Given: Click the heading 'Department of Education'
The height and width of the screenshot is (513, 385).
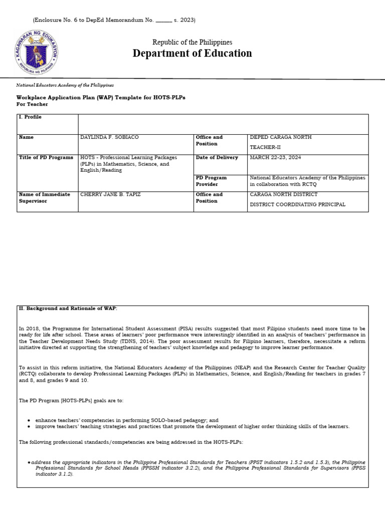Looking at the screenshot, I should click(192, 54).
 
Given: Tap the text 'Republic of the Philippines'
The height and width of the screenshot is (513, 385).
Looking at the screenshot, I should click(192, 43).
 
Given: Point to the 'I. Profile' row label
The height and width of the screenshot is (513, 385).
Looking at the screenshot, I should click(30, 117).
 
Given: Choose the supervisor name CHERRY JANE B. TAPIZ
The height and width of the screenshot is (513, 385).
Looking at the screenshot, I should click(111, 194).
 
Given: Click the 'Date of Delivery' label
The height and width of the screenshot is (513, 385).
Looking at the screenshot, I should click(217, 157).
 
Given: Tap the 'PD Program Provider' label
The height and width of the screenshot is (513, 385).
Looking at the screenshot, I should click(211, 181).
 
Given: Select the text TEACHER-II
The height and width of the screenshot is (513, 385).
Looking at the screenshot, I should click(264, 147).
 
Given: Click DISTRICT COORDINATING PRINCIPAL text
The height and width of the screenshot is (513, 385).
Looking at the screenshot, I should click(297, 204).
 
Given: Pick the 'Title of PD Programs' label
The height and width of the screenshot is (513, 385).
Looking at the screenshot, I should click(46, 157).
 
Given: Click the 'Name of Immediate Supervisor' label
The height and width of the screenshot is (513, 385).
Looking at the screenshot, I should click(44, 197).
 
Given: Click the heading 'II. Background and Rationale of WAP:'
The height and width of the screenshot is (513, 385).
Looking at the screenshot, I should click(68, 309).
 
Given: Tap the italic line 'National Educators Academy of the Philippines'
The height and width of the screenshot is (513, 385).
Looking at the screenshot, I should click(65, 86).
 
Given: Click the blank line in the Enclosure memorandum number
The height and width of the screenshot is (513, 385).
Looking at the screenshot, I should click(163, 21).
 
